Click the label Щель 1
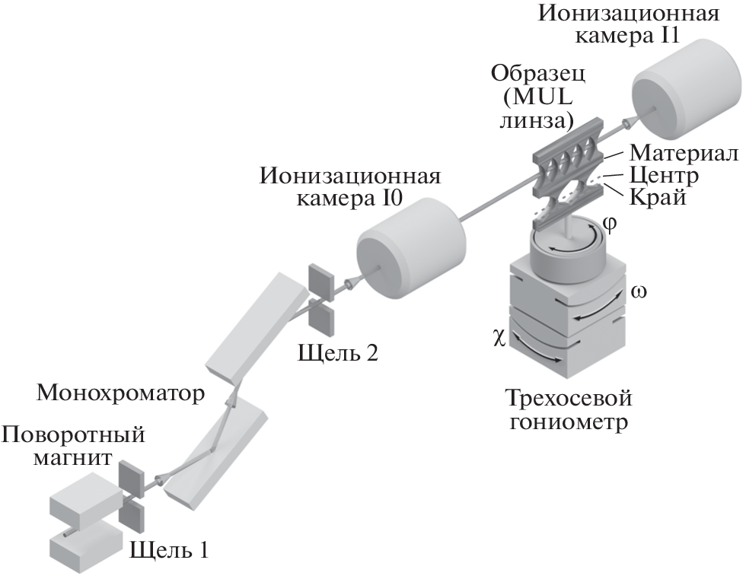tap(168, 548)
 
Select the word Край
tap(658, 199)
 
